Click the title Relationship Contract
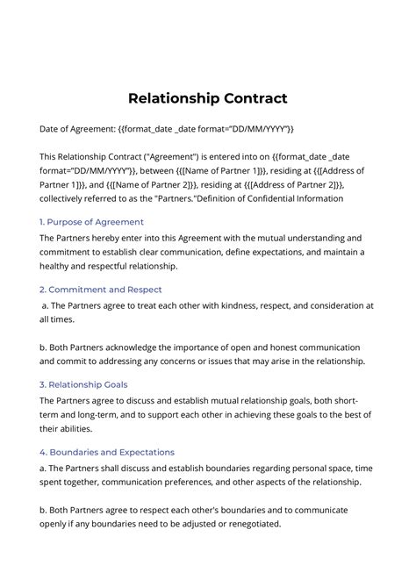(x=208, y=97)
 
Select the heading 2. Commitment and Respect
(x=101, y=289)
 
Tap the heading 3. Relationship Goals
(x=83, y=383)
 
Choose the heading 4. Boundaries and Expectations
(x=107, y=451)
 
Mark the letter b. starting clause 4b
(x=45, y=509)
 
